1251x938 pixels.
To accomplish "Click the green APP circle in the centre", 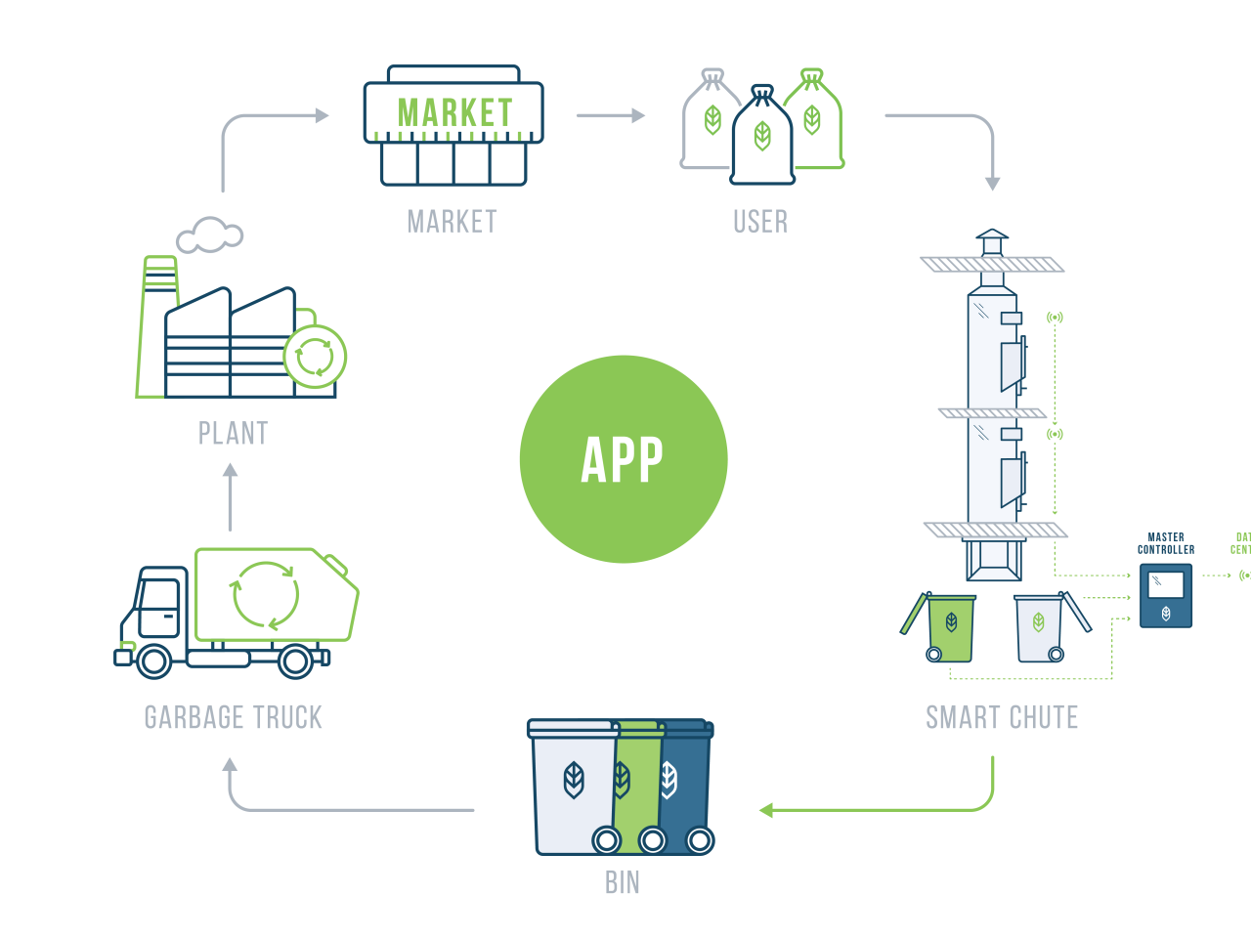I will coord(624,459).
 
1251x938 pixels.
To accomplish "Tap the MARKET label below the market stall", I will coord(453,222).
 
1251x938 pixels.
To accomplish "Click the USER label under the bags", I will coord(760,222).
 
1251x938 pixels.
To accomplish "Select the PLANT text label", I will coord(233,433).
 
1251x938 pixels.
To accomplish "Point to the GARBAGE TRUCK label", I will coord(233,717).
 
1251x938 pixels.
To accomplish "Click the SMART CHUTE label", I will coord(1002,717).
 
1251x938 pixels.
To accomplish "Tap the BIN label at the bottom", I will coord(623,882).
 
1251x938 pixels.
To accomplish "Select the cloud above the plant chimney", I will coord(209,234).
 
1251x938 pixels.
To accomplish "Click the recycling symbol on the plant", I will coord(315,357).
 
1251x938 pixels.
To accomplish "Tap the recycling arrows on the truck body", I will coord(265,594).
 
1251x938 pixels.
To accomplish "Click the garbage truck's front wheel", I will coord(153,661).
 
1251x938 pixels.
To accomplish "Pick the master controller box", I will coord(1166,594).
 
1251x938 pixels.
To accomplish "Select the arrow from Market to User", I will coord(611,115).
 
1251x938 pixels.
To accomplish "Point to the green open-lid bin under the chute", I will coord(948,627).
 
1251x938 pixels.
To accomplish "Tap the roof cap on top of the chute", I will coord(992,240).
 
